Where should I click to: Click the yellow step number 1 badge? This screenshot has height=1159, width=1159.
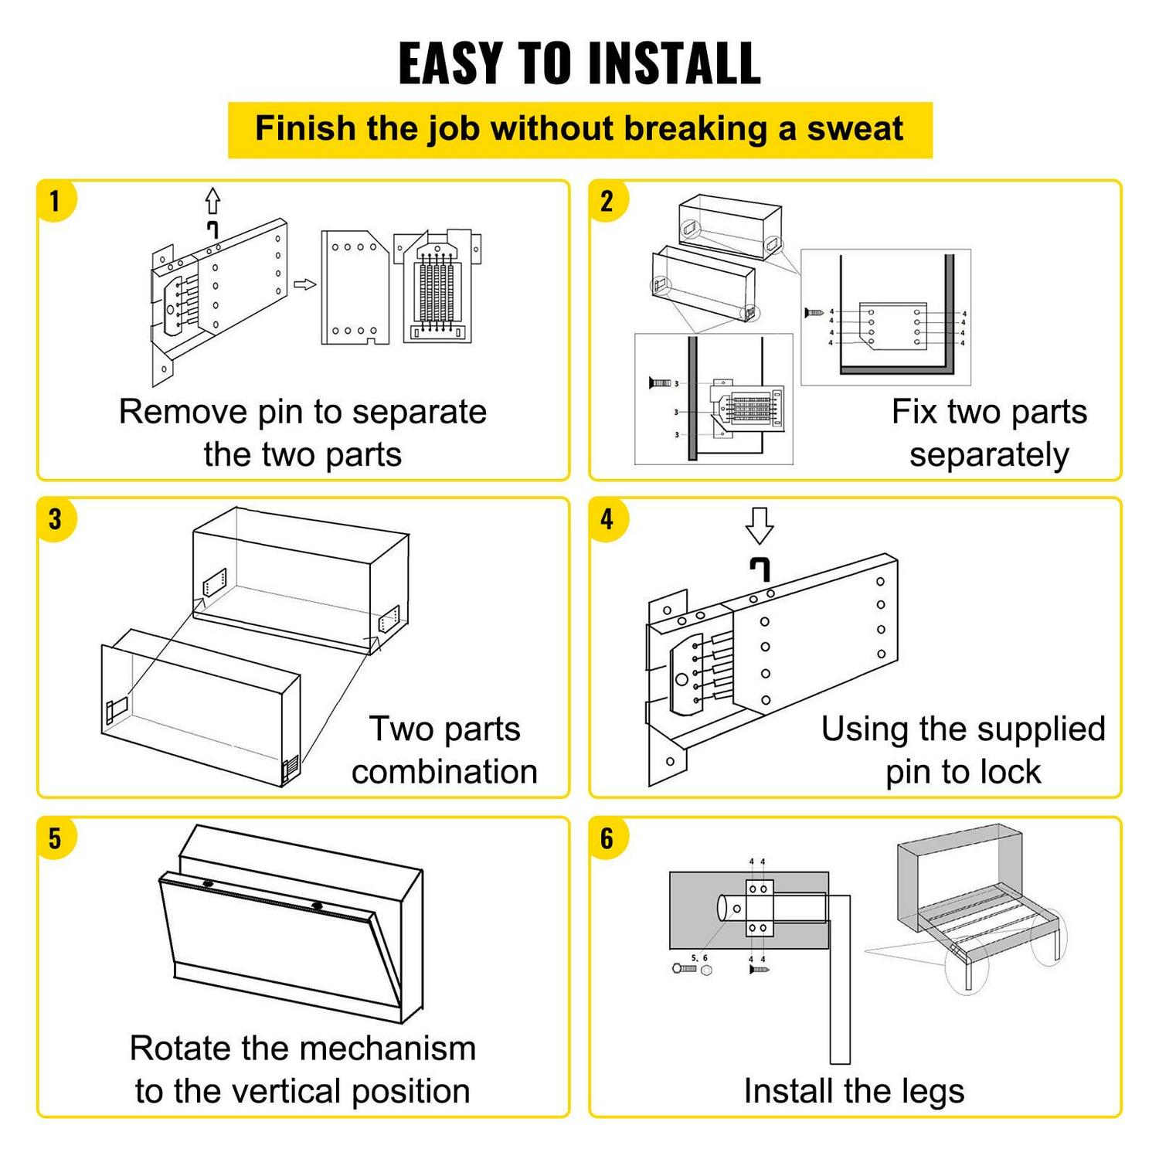coord(55,202)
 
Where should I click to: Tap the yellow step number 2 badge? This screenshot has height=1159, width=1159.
coord(607,202)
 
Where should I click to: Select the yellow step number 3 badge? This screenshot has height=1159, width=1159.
coord(55,519)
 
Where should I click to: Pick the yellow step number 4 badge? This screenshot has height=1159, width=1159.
coord(607,519)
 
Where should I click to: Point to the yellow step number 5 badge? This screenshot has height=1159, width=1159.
coord(55,838)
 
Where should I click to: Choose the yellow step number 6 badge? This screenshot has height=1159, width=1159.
coord(607,838)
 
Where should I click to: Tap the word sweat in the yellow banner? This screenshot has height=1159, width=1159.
coord(855,129)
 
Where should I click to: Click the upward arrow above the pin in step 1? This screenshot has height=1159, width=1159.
coord(212,201)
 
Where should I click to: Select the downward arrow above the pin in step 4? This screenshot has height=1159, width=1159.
coord(759,525)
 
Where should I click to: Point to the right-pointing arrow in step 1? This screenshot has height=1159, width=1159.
coord(305,284)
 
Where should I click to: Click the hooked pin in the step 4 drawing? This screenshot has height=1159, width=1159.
coord(760,569)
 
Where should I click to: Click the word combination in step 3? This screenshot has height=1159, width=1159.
coord(444,772)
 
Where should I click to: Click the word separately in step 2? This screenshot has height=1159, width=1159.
coord(989,455)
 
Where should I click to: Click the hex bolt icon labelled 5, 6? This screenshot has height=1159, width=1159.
coord(684,968)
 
